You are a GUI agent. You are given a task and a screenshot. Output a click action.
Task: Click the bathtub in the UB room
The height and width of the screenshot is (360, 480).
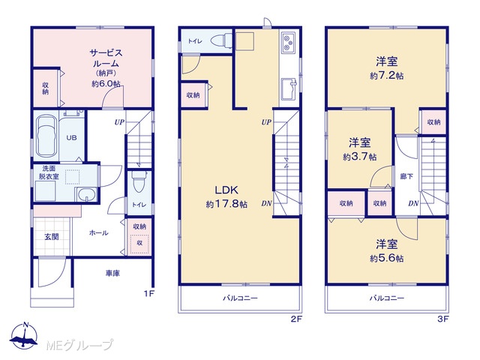(46, 136)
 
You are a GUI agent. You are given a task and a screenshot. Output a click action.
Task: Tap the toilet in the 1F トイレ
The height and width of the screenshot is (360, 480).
(139, 181)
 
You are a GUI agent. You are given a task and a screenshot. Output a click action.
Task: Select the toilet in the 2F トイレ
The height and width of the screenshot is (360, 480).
(221, 40)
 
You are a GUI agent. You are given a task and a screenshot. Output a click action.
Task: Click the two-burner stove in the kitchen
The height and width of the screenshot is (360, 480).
(287, 43)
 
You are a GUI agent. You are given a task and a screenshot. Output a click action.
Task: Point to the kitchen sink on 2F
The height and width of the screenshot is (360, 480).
(289, 88)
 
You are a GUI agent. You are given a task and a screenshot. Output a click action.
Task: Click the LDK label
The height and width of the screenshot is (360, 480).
(226, 190)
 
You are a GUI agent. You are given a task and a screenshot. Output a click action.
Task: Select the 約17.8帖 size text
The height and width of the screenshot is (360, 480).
(226, 204)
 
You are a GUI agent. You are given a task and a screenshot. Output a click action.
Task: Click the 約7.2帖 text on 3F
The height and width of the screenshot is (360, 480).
(387, 76)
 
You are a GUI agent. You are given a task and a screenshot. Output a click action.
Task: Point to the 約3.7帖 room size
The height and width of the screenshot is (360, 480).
(360, 157)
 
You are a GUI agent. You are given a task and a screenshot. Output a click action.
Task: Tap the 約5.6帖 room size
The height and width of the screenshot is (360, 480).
(387, 258)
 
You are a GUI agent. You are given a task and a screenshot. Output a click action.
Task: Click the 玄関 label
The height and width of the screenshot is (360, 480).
(52, 237)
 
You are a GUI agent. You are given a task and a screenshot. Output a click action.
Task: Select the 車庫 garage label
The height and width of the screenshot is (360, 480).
(112, 273)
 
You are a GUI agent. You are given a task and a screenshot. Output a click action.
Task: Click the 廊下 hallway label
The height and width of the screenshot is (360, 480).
(406, 176)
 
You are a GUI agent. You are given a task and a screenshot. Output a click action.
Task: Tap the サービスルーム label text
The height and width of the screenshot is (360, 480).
(106, 58)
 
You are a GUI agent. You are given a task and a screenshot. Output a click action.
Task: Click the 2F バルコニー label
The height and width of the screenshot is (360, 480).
(240, 298)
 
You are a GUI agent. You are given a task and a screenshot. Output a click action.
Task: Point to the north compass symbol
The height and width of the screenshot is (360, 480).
(24, 336)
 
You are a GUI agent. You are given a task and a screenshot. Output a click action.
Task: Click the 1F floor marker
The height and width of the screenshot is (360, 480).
(148, 294)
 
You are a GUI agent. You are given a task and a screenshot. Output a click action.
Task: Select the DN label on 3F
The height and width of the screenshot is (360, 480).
(413, 203)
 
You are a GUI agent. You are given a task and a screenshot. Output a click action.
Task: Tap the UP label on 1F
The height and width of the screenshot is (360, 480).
(119, 122)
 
